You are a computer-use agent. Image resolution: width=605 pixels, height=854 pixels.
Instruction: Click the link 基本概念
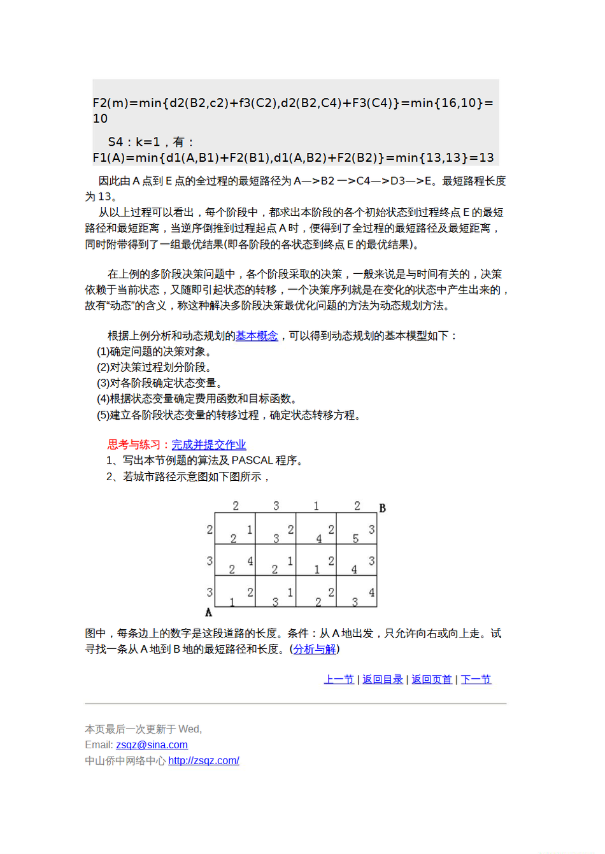(x=257, y=336)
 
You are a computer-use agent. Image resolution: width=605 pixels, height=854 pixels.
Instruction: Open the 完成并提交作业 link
(x=208, y=445)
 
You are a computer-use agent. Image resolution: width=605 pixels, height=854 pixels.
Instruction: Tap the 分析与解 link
(x=315, y=649)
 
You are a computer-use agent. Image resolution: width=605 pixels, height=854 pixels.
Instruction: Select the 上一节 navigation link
(x=339, y=680)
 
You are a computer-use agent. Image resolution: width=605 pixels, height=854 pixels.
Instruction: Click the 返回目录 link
(x=383, y=680)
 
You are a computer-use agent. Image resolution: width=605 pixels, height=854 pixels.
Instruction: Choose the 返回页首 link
(x=432, y=680)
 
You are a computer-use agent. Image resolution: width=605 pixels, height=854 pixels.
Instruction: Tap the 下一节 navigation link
(x=476, y=680)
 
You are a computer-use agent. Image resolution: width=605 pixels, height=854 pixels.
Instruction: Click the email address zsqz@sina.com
(x=152, y=745)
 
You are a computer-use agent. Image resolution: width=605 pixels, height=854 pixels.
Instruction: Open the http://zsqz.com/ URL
(x=204, y=760)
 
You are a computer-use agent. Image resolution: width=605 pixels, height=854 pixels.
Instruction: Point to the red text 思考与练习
(x=134, y=445)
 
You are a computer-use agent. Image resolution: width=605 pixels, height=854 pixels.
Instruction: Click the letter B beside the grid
(x=382, y=508)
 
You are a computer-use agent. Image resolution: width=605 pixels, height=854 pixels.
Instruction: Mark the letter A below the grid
(x=208, y=613)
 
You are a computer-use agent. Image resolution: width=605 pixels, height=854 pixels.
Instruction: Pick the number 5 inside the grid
(x=355, y=539)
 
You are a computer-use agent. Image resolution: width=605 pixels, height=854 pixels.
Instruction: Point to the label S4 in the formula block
(x=115, y=142)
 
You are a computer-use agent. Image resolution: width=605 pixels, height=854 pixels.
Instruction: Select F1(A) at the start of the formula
(x=109, y=158)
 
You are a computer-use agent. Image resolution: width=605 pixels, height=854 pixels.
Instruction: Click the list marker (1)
(x=103, y=352)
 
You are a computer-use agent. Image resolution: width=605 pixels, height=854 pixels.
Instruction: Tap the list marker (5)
(x=103, y=415)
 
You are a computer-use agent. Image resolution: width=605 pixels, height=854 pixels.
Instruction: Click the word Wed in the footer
(x=189, y=729)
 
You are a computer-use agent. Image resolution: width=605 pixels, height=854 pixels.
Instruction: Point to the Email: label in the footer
(x=99, y=745)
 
